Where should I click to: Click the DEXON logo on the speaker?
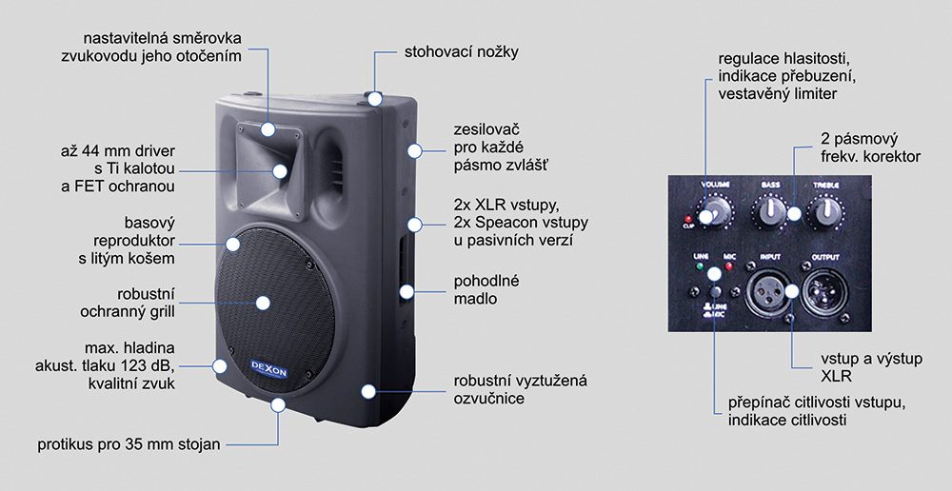pos(249,369)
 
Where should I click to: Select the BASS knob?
pos(769,208)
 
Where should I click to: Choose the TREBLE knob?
pos(823,208)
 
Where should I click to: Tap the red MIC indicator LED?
pos(728,267)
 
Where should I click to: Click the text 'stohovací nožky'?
pos(462,51)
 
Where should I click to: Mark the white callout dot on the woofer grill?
pos(263,303)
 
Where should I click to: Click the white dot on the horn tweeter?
pos(282,171)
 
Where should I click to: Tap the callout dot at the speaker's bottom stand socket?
pos(278,404)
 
